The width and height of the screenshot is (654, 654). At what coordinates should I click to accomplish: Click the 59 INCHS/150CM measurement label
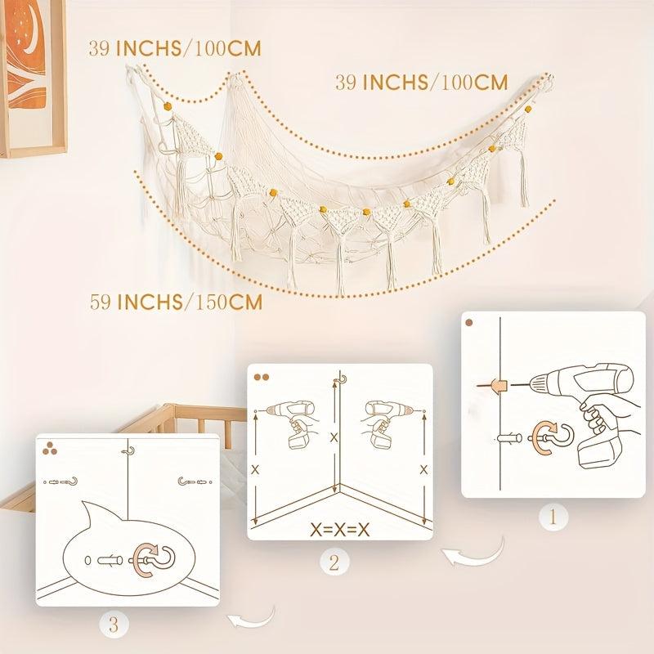click(x=176, y=302)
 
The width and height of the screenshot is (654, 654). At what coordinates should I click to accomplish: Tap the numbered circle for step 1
click(x=553, y=517)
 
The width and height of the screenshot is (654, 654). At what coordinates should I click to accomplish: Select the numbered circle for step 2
click(x=334, y=562)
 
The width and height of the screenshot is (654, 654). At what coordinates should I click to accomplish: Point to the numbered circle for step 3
click(x=114, y=625)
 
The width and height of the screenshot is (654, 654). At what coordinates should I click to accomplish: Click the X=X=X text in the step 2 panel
click(x=340, y=530)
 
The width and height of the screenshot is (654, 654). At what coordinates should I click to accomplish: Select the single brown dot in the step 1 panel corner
click(x=469, y=322)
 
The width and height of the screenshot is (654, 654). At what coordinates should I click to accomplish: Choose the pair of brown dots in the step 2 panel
click(x=262, y=377)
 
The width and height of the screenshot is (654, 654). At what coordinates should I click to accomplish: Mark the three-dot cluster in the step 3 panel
click(x=50, y=448)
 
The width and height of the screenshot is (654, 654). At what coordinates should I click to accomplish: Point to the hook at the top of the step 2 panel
click(x=341, y=380)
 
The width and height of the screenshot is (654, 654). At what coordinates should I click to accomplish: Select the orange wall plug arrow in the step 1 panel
click(x=495, y=386)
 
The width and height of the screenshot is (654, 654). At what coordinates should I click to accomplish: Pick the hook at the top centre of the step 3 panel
click(x=128, y=451)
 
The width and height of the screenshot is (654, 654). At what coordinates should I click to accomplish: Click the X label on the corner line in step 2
click(x=334, y=437)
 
